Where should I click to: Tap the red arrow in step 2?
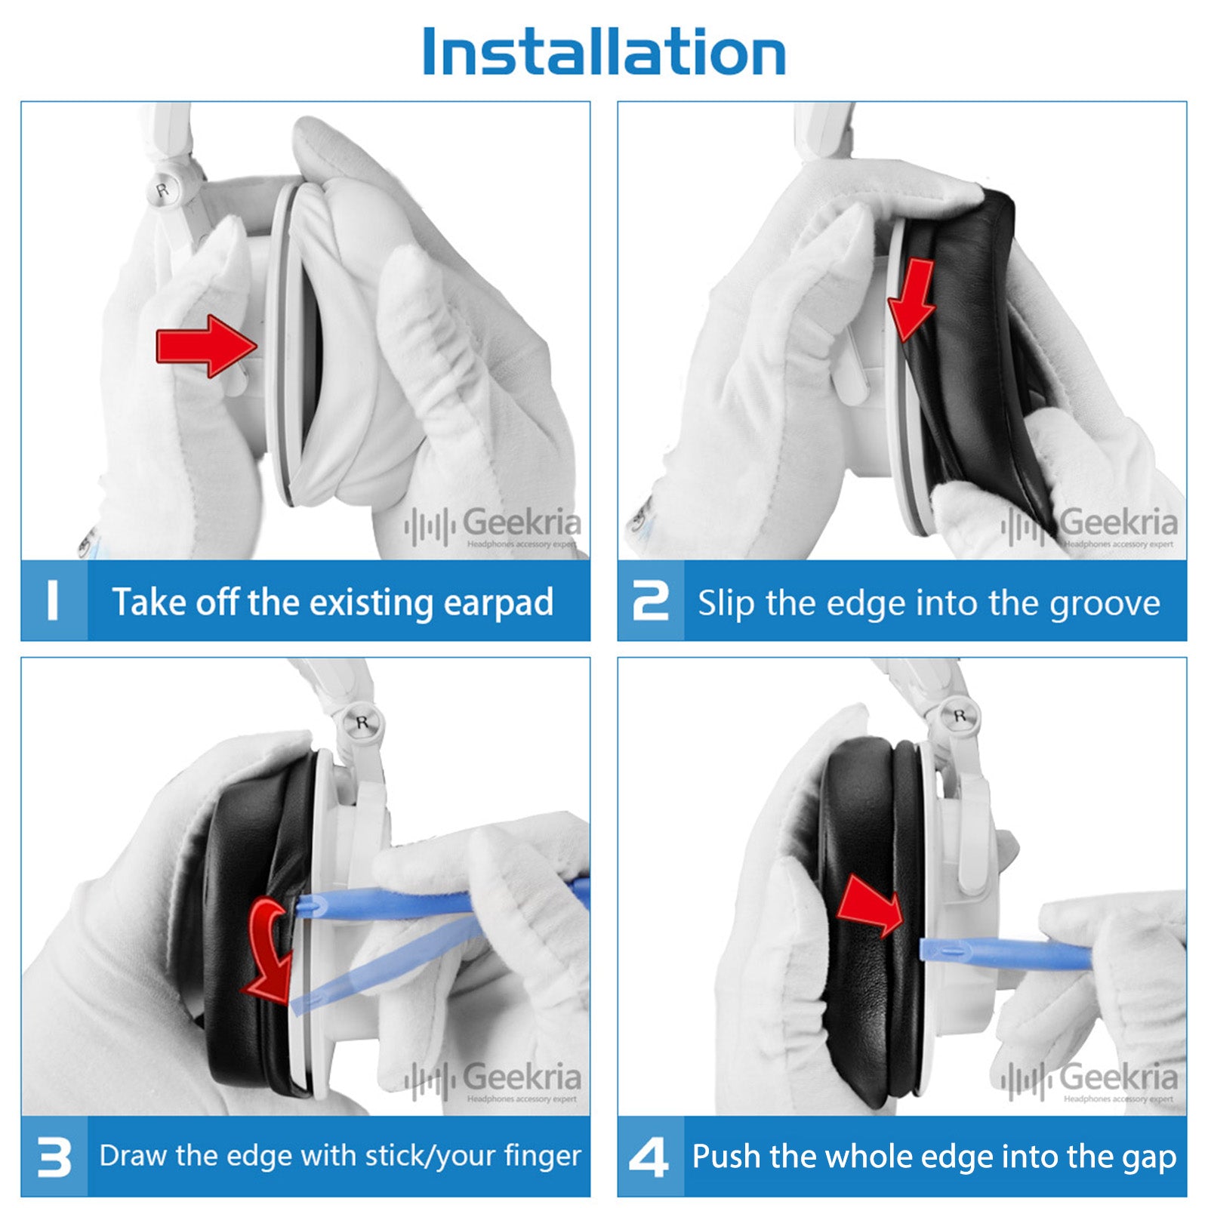(911, 299)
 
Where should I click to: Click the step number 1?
(52, 601)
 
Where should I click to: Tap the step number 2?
(650, 601)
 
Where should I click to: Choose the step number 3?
(54, 1157)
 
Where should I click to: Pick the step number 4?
(649, 1157)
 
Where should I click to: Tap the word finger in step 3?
(543, 1156)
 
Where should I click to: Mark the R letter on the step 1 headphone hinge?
(162, 190)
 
